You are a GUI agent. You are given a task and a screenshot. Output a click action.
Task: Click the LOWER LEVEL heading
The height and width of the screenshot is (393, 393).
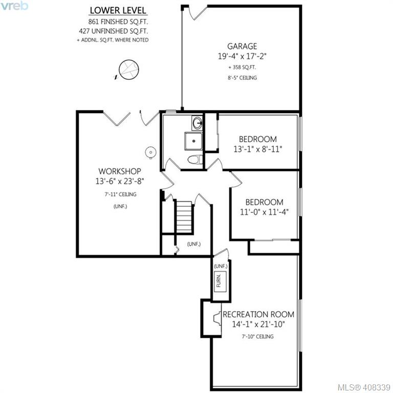118,10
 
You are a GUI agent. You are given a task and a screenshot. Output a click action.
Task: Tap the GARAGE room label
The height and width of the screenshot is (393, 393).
242,46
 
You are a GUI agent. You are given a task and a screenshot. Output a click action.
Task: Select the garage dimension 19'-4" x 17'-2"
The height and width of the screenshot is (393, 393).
242,56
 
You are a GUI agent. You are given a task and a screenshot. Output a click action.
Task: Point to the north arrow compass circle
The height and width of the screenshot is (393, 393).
129,70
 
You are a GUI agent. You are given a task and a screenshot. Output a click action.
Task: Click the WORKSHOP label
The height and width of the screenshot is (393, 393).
120,171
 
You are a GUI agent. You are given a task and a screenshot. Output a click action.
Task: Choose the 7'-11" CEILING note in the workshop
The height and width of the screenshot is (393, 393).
120,194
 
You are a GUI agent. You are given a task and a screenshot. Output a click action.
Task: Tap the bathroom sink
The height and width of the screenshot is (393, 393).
197,123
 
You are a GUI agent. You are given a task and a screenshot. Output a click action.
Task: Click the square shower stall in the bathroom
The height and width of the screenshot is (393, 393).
193,141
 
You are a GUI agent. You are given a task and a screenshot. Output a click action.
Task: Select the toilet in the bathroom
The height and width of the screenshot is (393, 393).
195,160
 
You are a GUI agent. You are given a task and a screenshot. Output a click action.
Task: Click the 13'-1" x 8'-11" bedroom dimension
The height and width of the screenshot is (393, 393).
258,149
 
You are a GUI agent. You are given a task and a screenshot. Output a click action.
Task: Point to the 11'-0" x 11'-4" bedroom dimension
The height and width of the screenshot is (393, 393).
265,212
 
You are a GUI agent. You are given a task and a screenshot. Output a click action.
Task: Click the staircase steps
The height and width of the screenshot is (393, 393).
184,216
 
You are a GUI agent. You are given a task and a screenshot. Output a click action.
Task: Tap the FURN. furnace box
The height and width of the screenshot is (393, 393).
220,281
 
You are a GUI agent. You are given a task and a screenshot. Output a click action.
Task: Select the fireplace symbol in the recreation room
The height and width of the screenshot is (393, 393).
217,319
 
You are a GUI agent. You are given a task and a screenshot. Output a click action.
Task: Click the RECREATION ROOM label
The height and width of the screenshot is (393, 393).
258,314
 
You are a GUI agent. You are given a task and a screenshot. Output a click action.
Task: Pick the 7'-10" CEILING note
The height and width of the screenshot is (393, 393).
258,336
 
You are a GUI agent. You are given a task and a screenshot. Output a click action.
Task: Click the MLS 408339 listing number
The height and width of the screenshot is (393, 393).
364,387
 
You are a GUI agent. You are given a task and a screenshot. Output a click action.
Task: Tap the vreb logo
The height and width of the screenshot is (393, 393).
14,6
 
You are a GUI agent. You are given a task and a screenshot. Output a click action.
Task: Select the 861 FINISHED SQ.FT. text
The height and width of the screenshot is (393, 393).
118,22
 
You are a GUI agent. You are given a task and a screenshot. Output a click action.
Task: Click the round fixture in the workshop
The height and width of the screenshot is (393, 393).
150,152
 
